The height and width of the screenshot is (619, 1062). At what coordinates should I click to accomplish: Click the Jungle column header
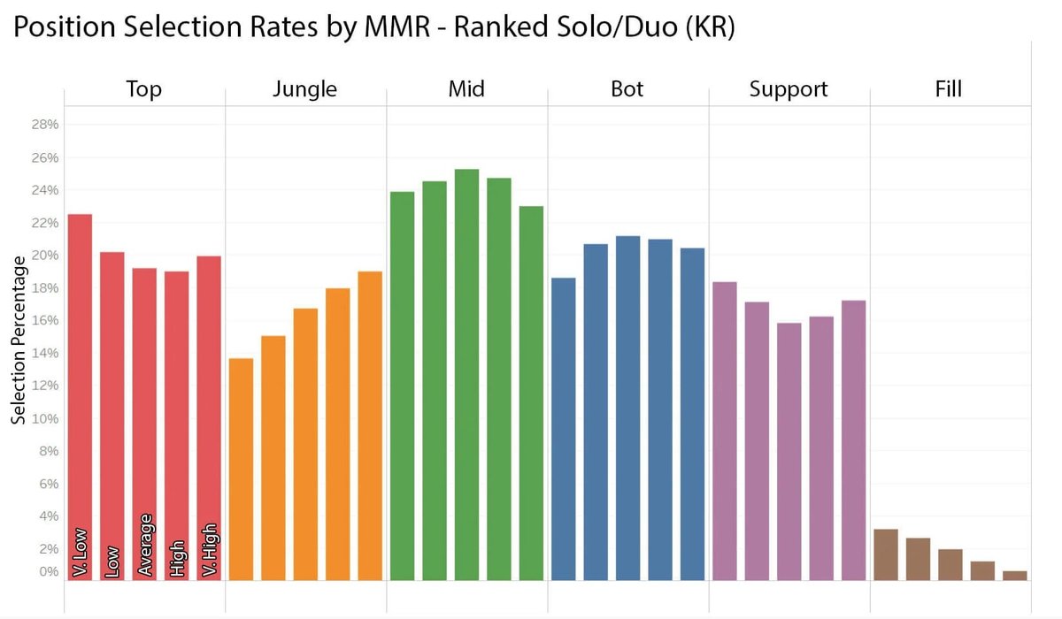tap(305, 88)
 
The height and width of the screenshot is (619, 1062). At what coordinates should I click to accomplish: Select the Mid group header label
tap(466, 88)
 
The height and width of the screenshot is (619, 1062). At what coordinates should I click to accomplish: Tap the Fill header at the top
tap(948, 88)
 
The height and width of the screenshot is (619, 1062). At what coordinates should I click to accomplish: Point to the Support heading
tap(789, 88)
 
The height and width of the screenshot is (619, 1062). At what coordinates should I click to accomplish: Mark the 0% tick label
tap(48, 571)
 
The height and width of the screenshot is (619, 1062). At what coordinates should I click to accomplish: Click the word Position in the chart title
tap(67, 27)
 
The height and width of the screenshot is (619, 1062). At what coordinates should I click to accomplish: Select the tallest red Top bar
tap(80, 397)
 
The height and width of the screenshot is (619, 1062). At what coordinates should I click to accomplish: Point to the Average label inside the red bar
tap(145, 545)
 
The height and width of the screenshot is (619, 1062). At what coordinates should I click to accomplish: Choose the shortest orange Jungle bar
tap(241, 469)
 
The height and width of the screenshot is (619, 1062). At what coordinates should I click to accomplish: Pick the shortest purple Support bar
tap(789, 451)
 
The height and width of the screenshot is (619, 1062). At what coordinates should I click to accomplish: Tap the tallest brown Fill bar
tap(885, 554)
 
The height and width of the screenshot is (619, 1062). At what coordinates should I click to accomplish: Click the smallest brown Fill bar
tap(1014, 576)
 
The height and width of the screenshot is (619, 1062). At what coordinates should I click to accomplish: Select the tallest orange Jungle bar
tap(370, 425)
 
